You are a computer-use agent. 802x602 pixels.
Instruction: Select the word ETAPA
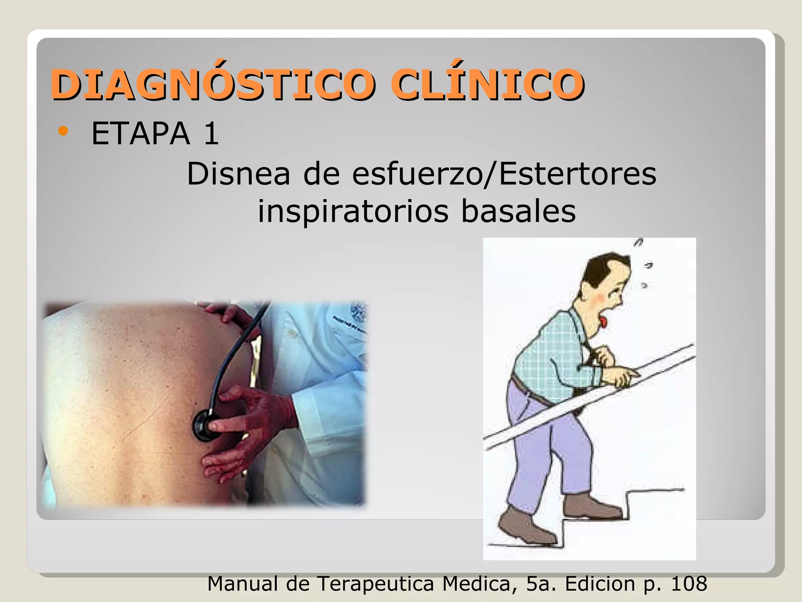click(141, 134)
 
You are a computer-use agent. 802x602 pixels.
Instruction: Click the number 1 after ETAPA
click(211, 134)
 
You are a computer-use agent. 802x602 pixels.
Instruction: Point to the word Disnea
click(238, 174)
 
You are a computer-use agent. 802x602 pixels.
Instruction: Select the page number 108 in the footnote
click(689, 584)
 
